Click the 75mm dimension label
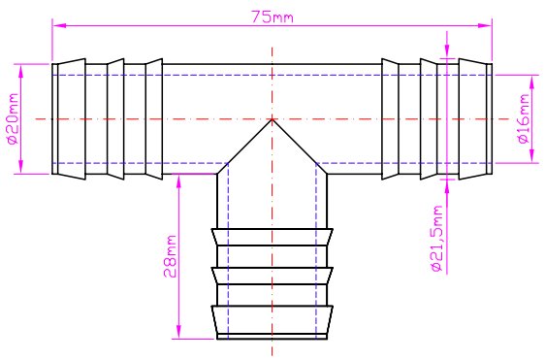[x=272, y=16]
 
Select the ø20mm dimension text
[x=13, y=119]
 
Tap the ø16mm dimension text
[x=524, y=118]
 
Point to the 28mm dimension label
[x=170, y=256]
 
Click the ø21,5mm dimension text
[x=436, y=239]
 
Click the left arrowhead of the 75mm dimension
[x=59, y=25]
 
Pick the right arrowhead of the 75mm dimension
[x=485, y=25]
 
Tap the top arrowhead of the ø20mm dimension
[x=21, y=71]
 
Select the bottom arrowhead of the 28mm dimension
[x=178, y=332]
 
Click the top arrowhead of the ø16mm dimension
[x=531, y=82]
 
